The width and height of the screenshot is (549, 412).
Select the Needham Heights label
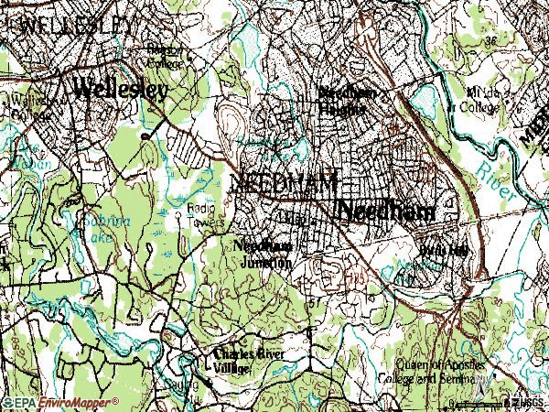[x=345, y=102]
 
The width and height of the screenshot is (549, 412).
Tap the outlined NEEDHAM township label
[x=284, y=180]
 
